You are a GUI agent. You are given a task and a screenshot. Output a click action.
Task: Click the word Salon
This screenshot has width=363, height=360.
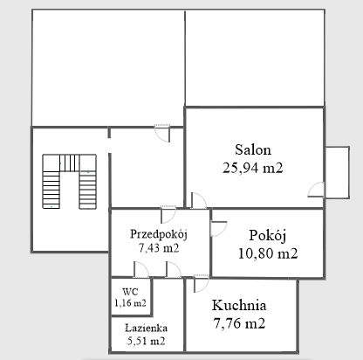click(x=253, y=149)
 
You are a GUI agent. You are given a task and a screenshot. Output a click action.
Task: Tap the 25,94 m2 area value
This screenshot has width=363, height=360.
click(x=252, y=168)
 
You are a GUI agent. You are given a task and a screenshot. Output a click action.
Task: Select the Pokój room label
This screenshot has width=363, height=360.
click(x=268, y=235)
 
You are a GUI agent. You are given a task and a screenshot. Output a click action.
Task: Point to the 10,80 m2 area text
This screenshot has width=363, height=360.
click(x=268, y=253)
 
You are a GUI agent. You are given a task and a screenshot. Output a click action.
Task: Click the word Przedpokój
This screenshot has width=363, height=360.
click(x=159, y=234)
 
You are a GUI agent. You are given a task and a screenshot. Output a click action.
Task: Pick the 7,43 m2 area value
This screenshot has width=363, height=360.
click(x=159, y=248)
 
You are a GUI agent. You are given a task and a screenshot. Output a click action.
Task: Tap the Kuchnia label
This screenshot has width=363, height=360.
click(x=239, y=305)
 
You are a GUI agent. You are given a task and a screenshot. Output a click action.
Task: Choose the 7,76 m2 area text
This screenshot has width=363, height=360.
click(x=239, y=323)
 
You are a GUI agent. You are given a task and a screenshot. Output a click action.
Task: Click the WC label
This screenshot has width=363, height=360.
click(x=130, y=291)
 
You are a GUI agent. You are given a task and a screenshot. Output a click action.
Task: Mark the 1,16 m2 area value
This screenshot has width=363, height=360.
click(x=130, y=303)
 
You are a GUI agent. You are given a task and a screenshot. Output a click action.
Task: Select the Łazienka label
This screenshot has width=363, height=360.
click(x=147, y=329)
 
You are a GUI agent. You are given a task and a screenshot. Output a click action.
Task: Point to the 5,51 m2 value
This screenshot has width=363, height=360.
click(x=147, y=341)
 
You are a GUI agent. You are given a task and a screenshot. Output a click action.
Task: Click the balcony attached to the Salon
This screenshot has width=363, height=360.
click(x=338, y=172)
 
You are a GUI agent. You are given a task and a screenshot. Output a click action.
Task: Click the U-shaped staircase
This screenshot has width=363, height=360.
click(x=70, y=181)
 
